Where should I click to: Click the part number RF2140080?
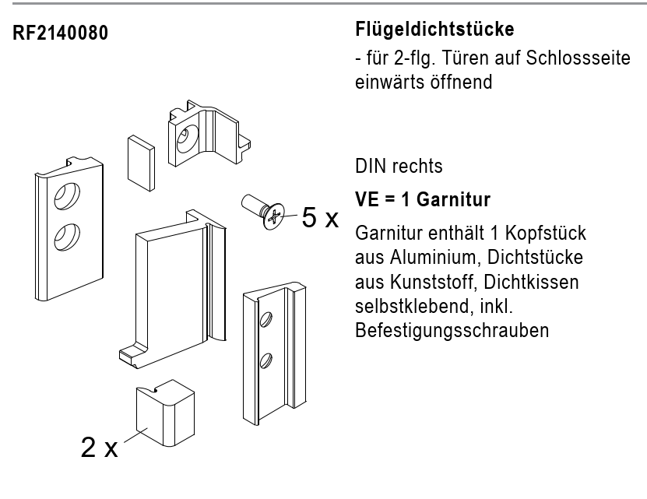(60, 33)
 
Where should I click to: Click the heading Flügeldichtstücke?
(434, 30)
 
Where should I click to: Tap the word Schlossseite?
(578, 58)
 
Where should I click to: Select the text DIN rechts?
(399, 166)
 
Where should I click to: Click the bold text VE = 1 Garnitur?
(423, 199)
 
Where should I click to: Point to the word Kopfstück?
(546, 234)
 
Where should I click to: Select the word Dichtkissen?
(531, 282)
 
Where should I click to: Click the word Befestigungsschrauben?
(452, 331)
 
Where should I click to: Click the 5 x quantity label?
(320, 217)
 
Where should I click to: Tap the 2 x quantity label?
(100, 447)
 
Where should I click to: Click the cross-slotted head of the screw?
(273, 216)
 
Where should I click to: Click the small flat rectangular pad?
(141, 163)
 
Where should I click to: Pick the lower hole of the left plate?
(67, 237)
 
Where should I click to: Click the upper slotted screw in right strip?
(265, 319)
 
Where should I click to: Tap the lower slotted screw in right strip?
(265, 360)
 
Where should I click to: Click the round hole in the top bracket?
(187, 139)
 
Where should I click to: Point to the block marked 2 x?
(165, 413)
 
